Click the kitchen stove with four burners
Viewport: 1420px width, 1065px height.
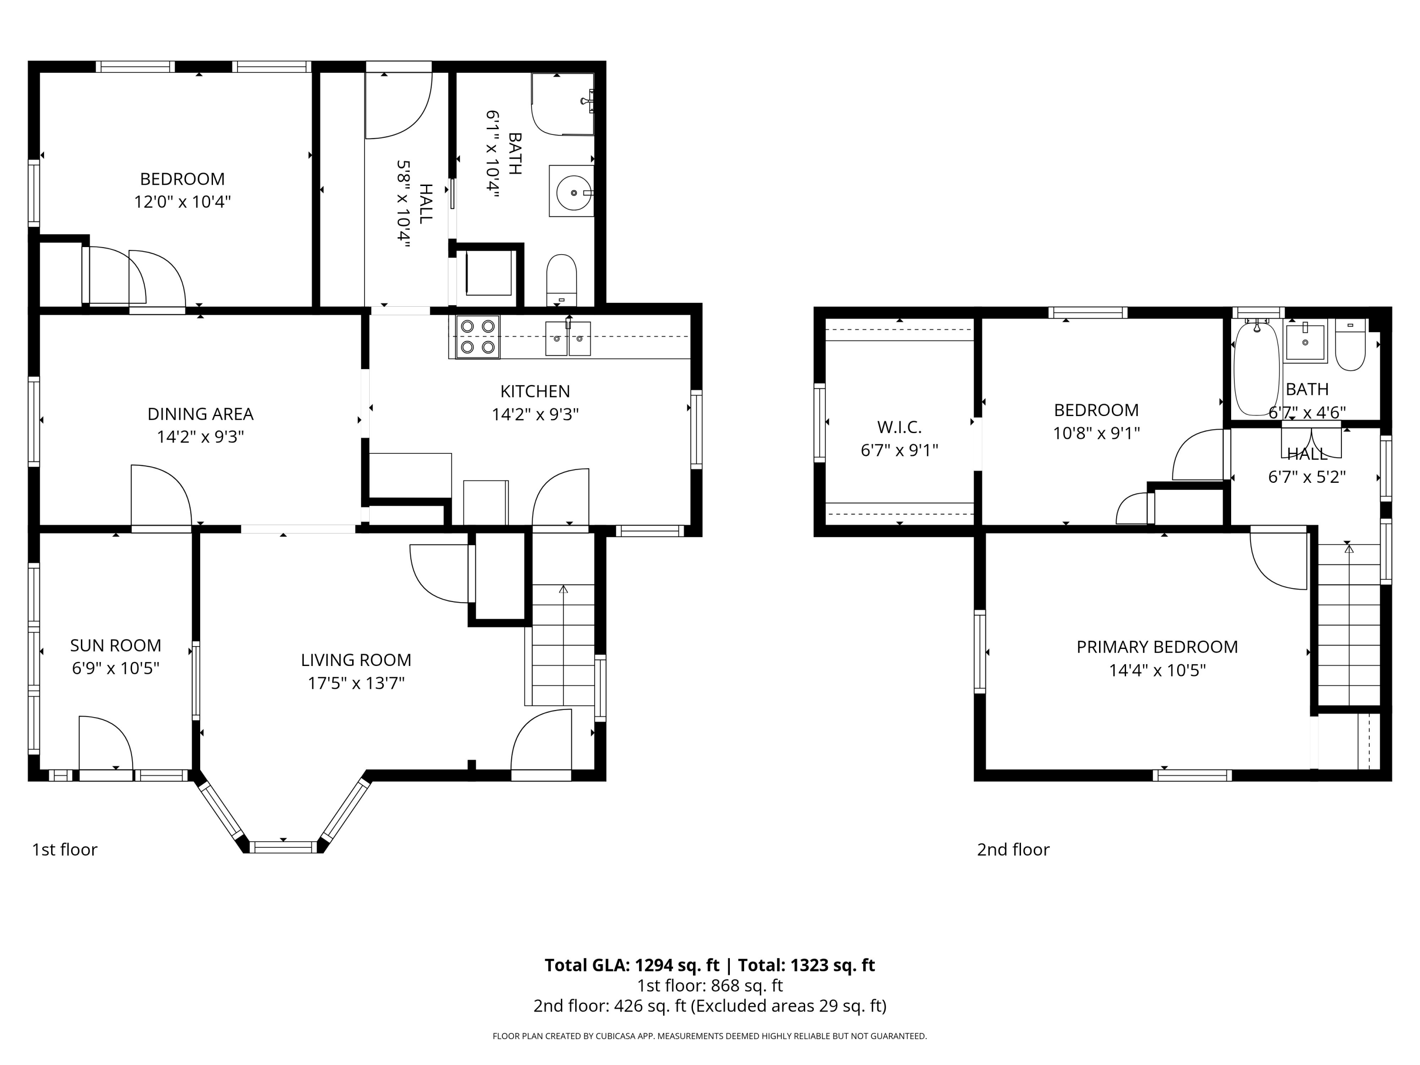478,337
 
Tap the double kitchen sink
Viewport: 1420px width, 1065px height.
568,338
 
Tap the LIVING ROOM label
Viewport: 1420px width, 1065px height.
356,660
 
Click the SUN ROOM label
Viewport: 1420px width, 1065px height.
115,645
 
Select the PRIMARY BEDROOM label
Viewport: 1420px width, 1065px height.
1157,647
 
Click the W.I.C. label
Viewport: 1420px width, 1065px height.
899,427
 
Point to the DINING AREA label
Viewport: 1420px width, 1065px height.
200,414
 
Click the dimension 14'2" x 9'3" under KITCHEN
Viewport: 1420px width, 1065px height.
535,415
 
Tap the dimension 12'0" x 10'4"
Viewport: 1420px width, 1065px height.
182,202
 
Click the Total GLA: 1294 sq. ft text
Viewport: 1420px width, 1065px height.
632,965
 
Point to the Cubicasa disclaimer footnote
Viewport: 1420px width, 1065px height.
710,1036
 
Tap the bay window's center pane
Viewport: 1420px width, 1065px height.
283,847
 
